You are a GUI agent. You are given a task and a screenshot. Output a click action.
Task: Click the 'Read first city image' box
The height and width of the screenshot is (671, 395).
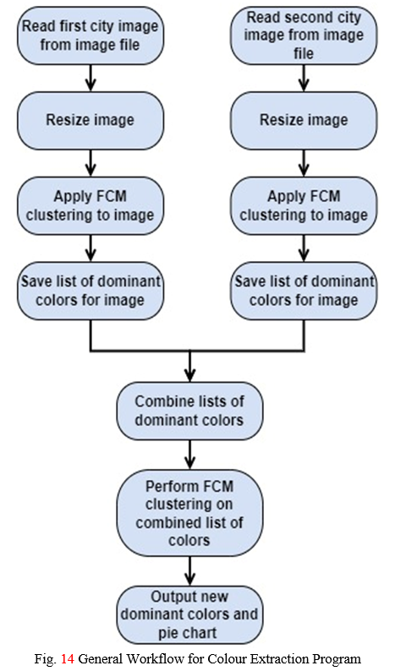[x=90, y=35]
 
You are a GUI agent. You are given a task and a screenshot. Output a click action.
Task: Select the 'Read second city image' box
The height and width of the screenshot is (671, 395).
[x=304, y=35]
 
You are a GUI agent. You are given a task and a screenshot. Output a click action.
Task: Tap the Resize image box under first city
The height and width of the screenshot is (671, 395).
[x=90, y=120]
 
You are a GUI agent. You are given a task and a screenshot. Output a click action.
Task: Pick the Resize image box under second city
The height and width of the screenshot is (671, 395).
[x=304, y=120]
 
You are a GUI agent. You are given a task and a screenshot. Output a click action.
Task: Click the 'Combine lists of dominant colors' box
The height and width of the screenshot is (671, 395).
[x=189, y=411]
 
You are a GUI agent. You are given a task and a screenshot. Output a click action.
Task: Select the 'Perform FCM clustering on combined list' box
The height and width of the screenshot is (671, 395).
[x=189, y=513]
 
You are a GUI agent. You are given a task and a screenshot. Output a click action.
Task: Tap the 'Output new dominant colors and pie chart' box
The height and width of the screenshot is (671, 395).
[x=189, y=614]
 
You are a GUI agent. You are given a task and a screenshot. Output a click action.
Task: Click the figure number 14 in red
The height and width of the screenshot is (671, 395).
[x=68, y=658]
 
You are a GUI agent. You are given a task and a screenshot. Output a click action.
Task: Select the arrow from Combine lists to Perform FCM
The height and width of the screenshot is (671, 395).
[x=189, y=455]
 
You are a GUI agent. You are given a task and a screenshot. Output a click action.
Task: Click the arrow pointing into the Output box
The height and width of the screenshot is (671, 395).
[x=189, y=571]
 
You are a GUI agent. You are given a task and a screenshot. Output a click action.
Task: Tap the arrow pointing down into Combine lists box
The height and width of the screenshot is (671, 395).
[x=189, y=366]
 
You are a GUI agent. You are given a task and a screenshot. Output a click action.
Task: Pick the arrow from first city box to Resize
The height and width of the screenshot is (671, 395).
[x=90, y=79]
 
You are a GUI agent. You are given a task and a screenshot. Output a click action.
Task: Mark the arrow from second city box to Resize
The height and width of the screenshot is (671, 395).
[x=304, y=79]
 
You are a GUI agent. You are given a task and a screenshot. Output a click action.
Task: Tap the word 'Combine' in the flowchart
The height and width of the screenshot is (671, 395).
[x=162, y=401]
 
